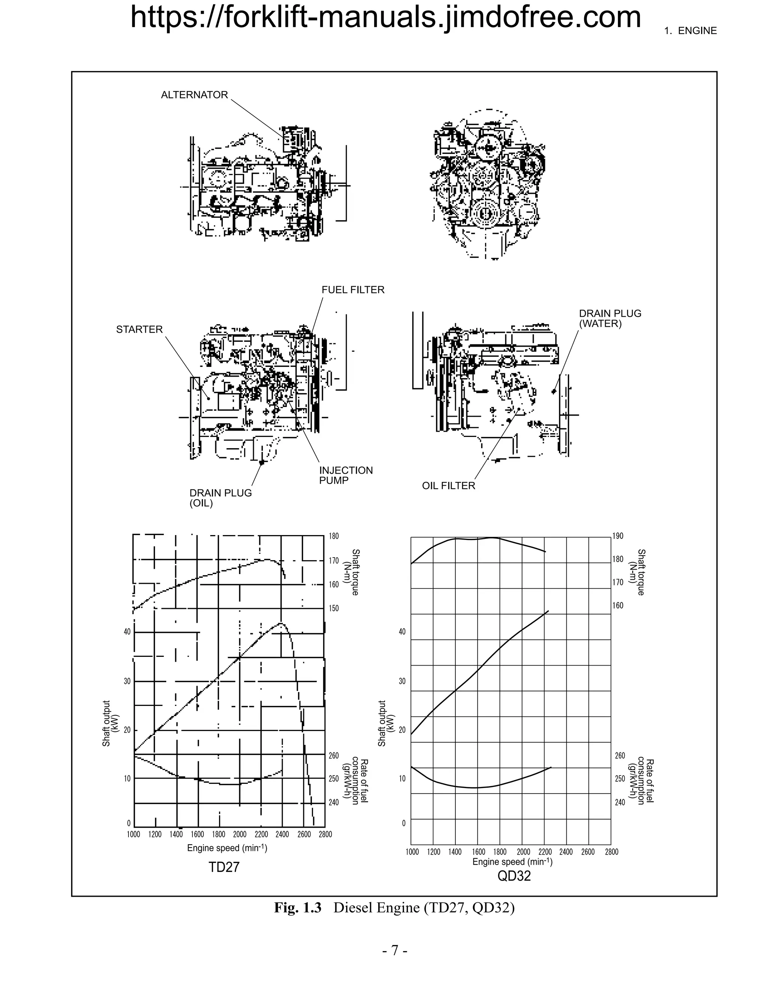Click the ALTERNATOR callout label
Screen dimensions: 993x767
194,95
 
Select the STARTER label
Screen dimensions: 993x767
139,329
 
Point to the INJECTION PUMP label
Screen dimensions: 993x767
345,475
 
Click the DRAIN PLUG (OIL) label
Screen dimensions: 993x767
220,498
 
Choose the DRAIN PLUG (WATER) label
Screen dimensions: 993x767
610,318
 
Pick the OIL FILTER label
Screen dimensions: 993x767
448,486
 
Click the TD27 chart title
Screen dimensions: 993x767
224,867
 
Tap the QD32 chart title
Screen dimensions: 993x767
514,876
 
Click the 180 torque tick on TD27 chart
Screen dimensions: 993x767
334,536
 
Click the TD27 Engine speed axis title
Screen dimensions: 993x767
227,848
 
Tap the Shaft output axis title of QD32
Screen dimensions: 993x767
385,723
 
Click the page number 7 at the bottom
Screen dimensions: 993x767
394,950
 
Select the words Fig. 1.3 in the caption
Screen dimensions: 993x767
298,908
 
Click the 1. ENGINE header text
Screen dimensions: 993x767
690,31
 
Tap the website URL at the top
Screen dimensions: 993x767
385,17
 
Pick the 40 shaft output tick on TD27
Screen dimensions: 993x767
127,631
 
